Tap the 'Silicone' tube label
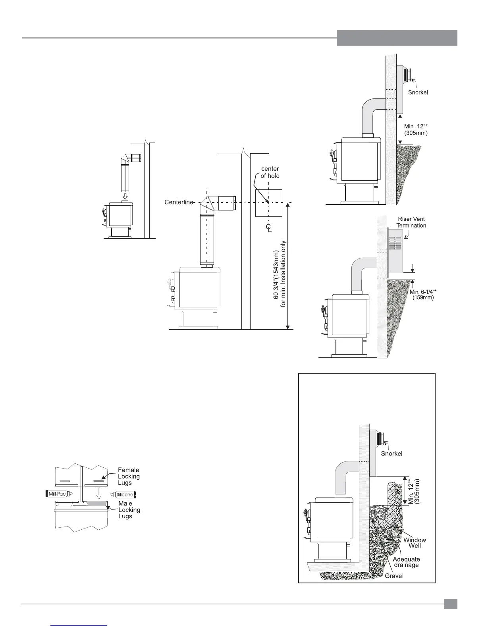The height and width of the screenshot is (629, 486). [125, 494]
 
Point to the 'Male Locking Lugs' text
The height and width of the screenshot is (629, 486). [129, 510]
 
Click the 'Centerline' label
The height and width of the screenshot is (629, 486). [179, 203]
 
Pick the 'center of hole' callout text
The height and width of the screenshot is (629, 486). [270, 172]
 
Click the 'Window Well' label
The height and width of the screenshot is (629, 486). [415, 543]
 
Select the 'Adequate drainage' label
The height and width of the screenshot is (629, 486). [406, 562]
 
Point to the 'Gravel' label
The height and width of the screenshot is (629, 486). [394, 576]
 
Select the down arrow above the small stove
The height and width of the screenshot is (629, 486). [125, 196]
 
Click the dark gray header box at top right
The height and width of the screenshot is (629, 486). [397, 38]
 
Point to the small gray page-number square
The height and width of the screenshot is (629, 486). [451, 604]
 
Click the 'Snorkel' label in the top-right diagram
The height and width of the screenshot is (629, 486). [418, 93]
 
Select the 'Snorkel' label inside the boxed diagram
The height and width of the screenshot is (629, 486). [392, 453]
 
